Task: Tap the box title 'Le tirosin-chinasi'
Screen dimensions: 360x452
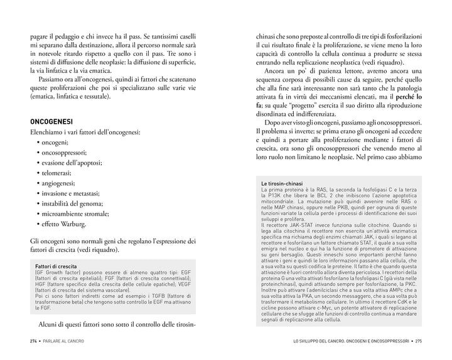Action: pyautogui.click(x=282, y=183)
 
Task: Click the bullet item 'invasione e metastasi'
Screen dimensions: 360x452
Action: pyautogui.click(x=75, y=193)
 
